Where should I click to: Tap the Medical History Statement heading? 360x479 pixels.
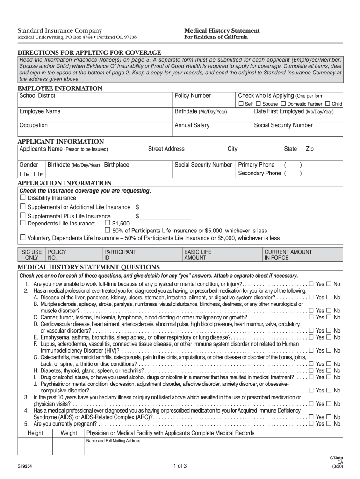(222, 31)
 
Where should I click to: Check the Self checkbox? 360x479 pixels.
(241, 103)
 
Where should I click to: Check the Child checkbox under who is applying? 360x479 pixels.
(328, 103)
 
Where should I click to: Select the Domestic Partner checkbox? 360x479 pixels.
(283, 103)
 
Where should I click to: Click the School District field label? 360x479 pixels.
(37, 96)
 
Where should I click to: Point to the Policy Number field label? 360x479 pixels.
(193, 96)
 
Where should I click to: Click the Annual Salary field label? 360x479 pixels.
(192, 125)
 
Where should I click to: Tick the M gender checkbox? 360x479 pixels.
(22, 174)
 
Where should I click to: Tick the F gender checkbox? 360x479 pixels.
(36, 174)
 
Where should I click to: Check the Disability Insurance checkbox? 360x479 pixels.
(22, 198)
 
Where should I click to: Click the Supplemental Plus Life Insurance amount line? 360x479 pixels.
(166, 217)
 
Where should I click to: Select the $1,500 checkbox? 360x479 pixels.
(107, 223)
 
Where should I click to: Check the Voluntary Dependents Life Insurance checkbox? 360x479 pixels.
(22, 238)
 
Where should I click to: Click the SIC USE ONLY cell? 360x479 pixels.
(32, 254)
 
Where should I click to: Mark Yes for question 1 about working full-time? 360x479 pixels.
(311, 284)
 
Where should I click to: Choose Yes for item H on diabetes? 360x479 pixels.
(311, 370)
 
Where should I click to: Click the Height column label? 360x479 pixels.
(36, 433)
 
